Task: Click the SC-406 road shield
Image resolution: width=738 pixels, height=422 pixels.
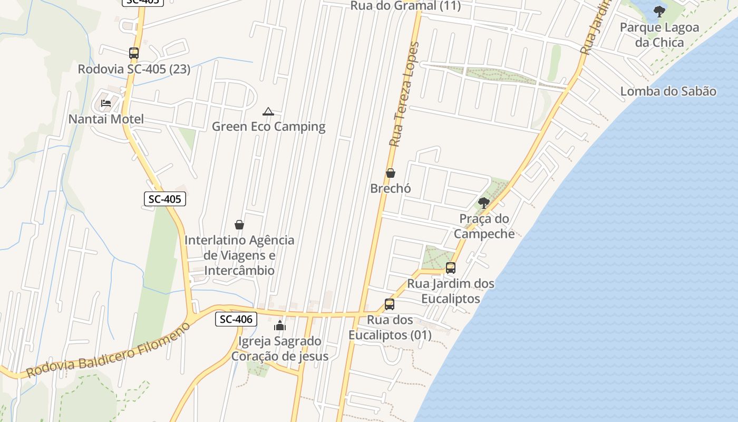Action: (x=236, y=319)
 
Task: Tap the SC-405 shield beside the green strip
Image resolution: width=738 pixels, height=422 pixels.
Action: (x=164, y=199)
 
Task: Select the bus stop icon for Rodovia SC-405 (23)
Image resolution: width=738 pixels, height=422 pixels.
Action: (x=134, y=53)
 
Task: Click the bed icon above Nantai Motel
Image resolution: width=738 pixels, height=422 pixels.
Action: (x=106, y=103)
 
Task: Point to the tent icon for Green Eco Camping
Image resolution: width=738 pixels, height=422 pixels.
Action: (x=268, y=111)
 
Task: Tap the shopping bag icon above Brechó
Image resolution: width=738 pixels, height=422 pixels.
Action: (x=391, y=173)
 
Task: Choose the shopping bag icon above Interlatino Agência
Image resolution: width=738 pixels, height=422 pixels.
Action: (x=239, y=225)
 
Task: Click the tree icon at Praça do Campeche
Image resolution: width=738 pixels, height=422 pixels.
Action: (x=483, y=203)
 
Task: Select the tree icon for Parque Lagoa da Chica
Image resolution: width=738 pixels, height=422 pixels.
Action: (x=659, y=11)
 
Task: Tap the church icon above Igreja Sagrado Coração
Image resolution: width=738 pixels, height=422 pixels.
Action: (x=280, y=325)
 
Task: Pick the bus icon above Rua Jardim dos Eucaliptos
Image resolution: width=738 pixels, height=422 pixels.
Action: (x=450, y=268)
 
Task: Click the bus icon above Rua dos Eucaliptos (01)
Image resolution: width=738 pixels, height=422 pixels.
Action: (x=390, y=304)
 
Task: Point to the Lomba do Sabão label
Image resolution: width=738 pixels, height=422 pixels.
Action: (x=668, y=91)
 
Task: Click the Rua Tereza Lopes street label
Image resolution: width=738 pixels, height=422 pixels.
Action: (x=405, y=94)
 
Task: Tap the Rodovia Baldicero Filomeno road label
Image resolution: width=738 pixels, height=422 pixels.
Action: (x=108, y=351)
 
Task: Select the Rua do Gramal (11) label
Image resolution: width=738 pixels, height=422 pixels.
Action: (x=405, y=6)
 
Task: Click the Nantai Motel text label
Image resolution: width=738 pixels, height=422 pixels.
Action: (x=106, y=119)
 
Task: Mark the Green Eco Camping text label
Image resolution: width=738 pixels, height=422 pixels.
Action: (x=268, y=127)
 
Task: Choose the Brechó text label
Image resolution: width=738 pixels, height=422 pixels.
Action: (x=391, y=188)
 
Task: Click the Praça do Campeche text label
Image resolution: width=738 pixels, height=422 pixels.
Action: (x=484, y=226)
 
